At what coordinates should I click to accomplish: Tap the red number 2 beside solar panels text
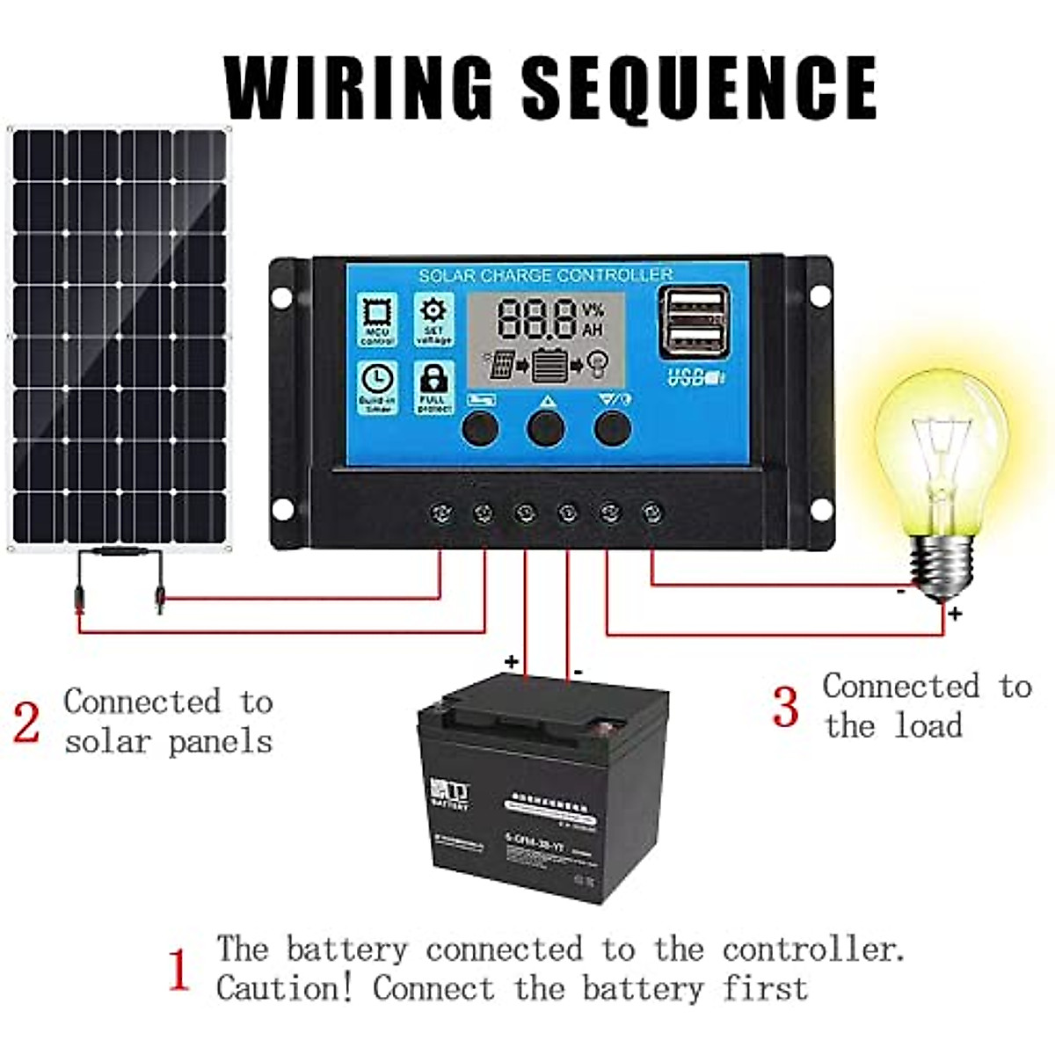(26, 723)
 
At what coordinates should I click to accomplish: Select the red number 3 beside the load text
(785, 707)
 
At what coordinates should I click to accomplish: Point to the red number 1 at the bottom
(178, 971)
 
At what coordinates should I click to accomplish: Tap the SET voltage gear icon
(433, 319)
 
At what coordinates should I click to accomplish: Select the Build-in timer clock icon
(377, 387)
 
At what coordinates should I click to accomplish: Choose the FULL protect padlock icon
(433, 387)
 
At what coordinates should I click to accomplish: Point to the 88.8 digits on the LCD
(538, 320)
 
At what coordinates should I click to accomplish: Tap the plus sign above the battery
(511, 660)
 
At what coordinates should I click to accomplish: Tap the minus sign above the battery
(578, 673)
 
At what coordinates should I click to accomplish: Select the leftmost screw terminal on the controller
(440, 513)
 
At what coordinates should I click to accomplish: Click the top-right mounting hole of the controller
(819, 295)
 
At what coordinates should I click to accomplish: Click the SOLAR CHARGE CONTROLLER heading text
(545, 275)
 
